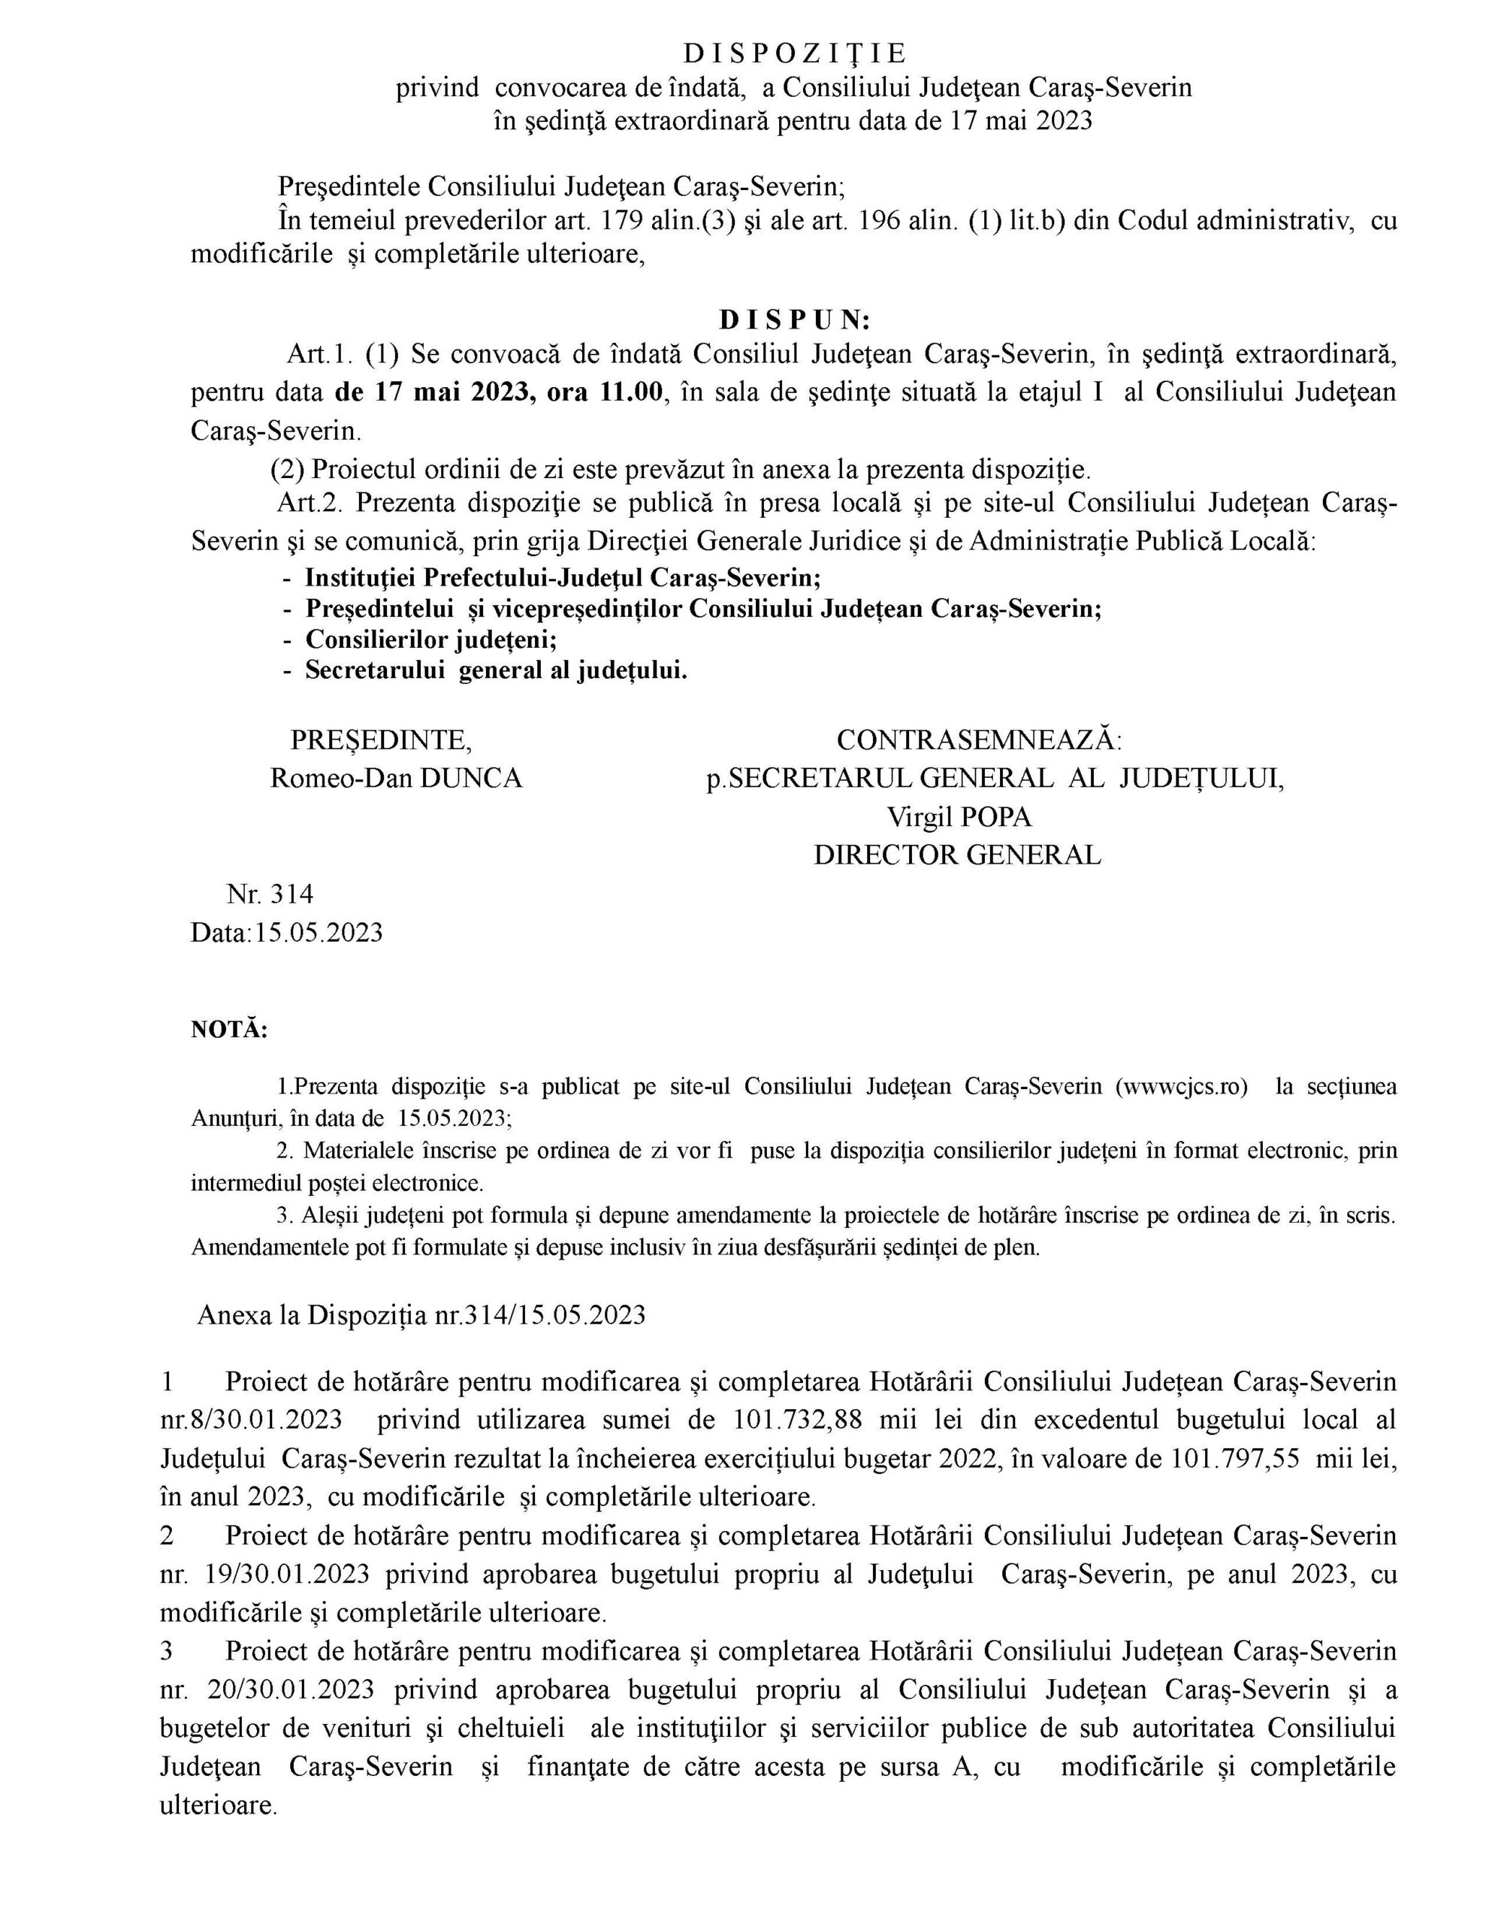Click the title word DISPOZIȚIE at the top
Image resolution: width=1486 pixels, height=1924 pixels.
(x=795, y=55)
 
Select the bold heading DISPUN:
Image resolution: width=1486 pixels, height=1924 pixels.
(x=795, y=318)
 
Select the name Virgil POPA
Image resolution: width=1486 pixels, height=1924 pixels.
(x=959, y=817)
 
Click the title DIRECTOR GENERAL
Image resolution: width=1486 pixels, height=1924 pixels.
(x=956, y=855)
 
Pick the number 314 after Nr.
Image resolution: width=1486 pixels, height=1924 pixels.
(x=291, y=894)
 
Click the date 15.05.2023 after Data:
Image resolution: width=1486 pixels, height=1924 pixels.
(x=319, y=932)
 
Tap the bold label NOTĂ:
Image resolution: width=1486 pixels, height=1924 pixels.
(x=229, y=1029)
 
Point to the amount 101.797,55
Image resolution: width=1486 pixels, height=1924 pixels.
(x=1235, y=1458)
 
